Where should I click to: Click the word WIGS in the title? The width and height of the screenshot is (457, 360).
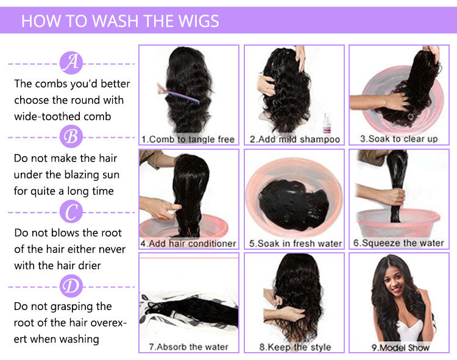coord(199,21)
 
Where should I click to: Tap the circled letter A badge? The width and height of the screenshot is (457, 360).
coord(71,63)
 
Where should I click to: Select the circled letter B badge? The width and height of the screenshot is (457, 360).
coord(71,136)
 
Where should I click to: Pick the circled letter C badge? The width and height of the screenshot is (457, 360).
coord(71,211)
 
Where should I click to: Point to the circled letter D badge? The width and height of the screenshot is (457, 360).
coord(71,286)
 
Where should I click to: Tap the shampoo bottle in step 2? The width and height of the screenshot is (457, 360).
coord(327,124)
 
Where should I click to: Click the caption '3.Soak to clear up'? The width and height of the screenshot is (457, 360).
coord(399,139)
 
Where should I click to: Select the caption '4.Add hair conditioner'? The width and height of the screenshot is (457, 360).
coord(188,244)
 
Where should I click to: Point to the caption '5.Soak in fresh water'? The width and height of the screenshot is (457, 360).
coord(296,244)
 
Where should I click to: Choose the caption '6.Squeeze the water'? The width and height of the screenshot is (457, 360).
coord(399,243)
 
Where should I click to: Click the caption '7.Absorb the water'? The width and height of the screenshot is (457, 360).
coord(188,347)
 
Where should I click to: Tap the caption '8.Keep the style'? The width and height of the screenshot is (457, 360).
coord(295,347)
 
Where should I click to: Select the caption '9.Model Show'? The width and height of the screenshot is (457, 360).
coord(400,347)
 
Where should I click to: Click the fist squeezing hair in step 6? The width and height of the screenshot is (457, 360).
coord(397,196)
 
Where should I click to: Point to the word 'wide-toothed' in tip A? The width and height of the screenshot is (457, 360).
coord(41,116)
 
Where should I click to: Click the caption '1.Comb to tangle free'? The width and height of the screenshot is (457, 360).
coord(188,139)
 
